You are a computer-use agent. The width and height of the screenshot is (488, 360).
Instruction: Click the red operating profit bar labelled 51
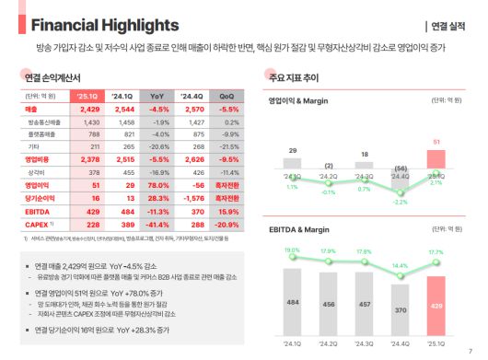pyautogui.click(x=436, y=161)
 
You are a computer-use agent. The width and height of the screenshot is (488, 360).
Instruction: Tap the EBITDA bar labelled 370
pyautogui.click(x=401, y=309)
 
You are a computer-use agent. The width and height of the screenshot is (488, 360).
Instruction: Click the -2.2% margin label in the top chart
pyautogui.click(x=401, y=201)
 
